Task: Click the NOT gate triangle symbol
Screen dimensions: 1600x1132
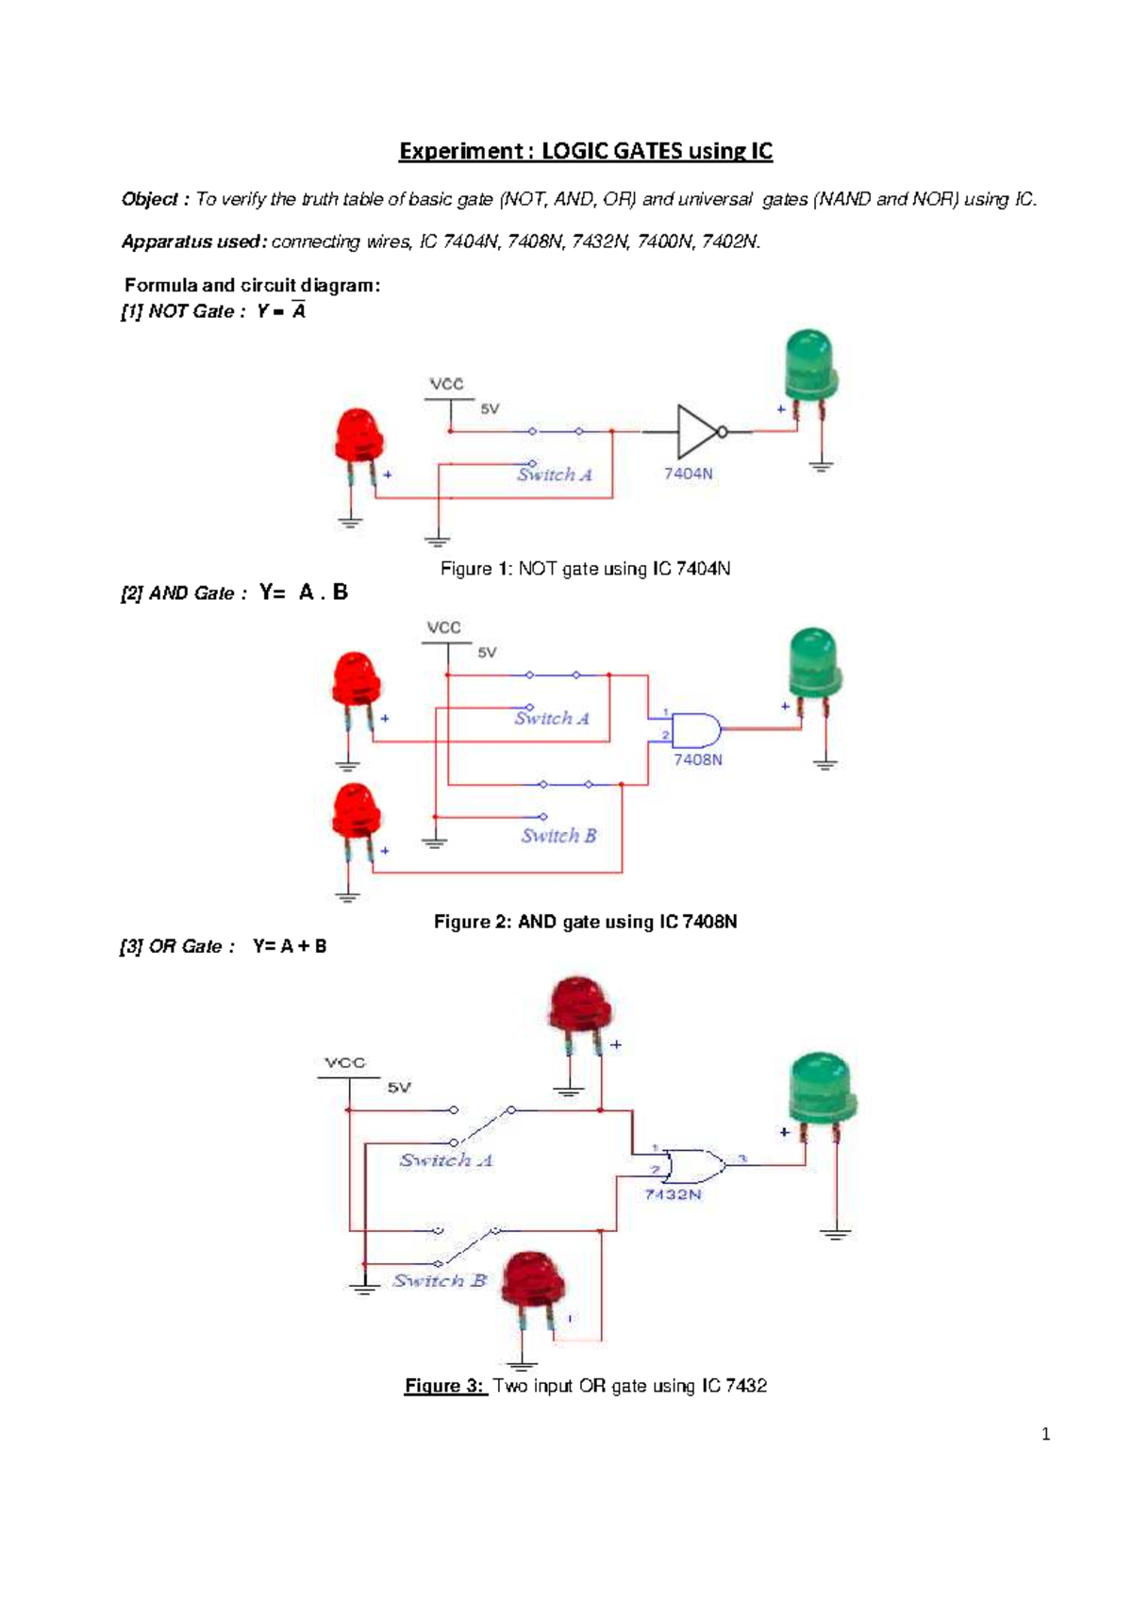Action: tap(699, 432)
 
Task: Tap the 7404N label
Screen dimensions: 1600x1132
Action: tap(688, 474)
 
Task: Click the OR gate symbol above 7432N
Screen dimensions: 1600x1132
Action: tap(693, 1166)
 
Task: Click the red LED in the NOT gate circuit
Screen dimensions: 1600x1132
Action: tap(358, 438)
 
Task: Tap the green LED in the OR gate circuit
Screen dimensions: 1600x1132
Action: tap(821, 1090)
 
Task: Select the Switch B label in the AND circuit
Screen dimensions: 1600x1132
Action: tap(558, 836)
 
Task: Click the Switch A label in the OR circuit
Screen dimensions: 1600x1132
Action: tap(445, 1160)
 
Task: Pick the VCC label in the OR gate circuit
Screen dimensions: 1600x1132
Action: tap(344, 1062)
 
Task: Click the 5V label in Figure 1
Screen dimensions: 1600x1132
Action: tap(490, 409)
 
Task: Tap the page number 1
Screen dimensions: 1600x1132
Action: tap(1045, 1435)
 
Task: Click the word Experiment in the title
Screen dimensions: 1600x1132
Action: tap(460, 151)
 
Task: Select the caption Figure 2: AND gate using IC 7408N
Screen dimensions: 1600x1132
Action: tap(585, 922)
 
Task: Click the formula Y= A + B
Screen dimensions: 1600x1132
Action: tap(290, 946)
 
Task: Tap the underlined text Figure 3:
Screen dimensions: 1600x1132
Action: tap(443, 1386)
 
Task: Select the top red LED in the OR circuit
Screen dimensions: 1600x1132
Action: tap(578, 1004)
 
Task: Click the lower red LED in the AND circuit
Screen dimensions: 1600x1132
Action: tap(357, 811)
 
